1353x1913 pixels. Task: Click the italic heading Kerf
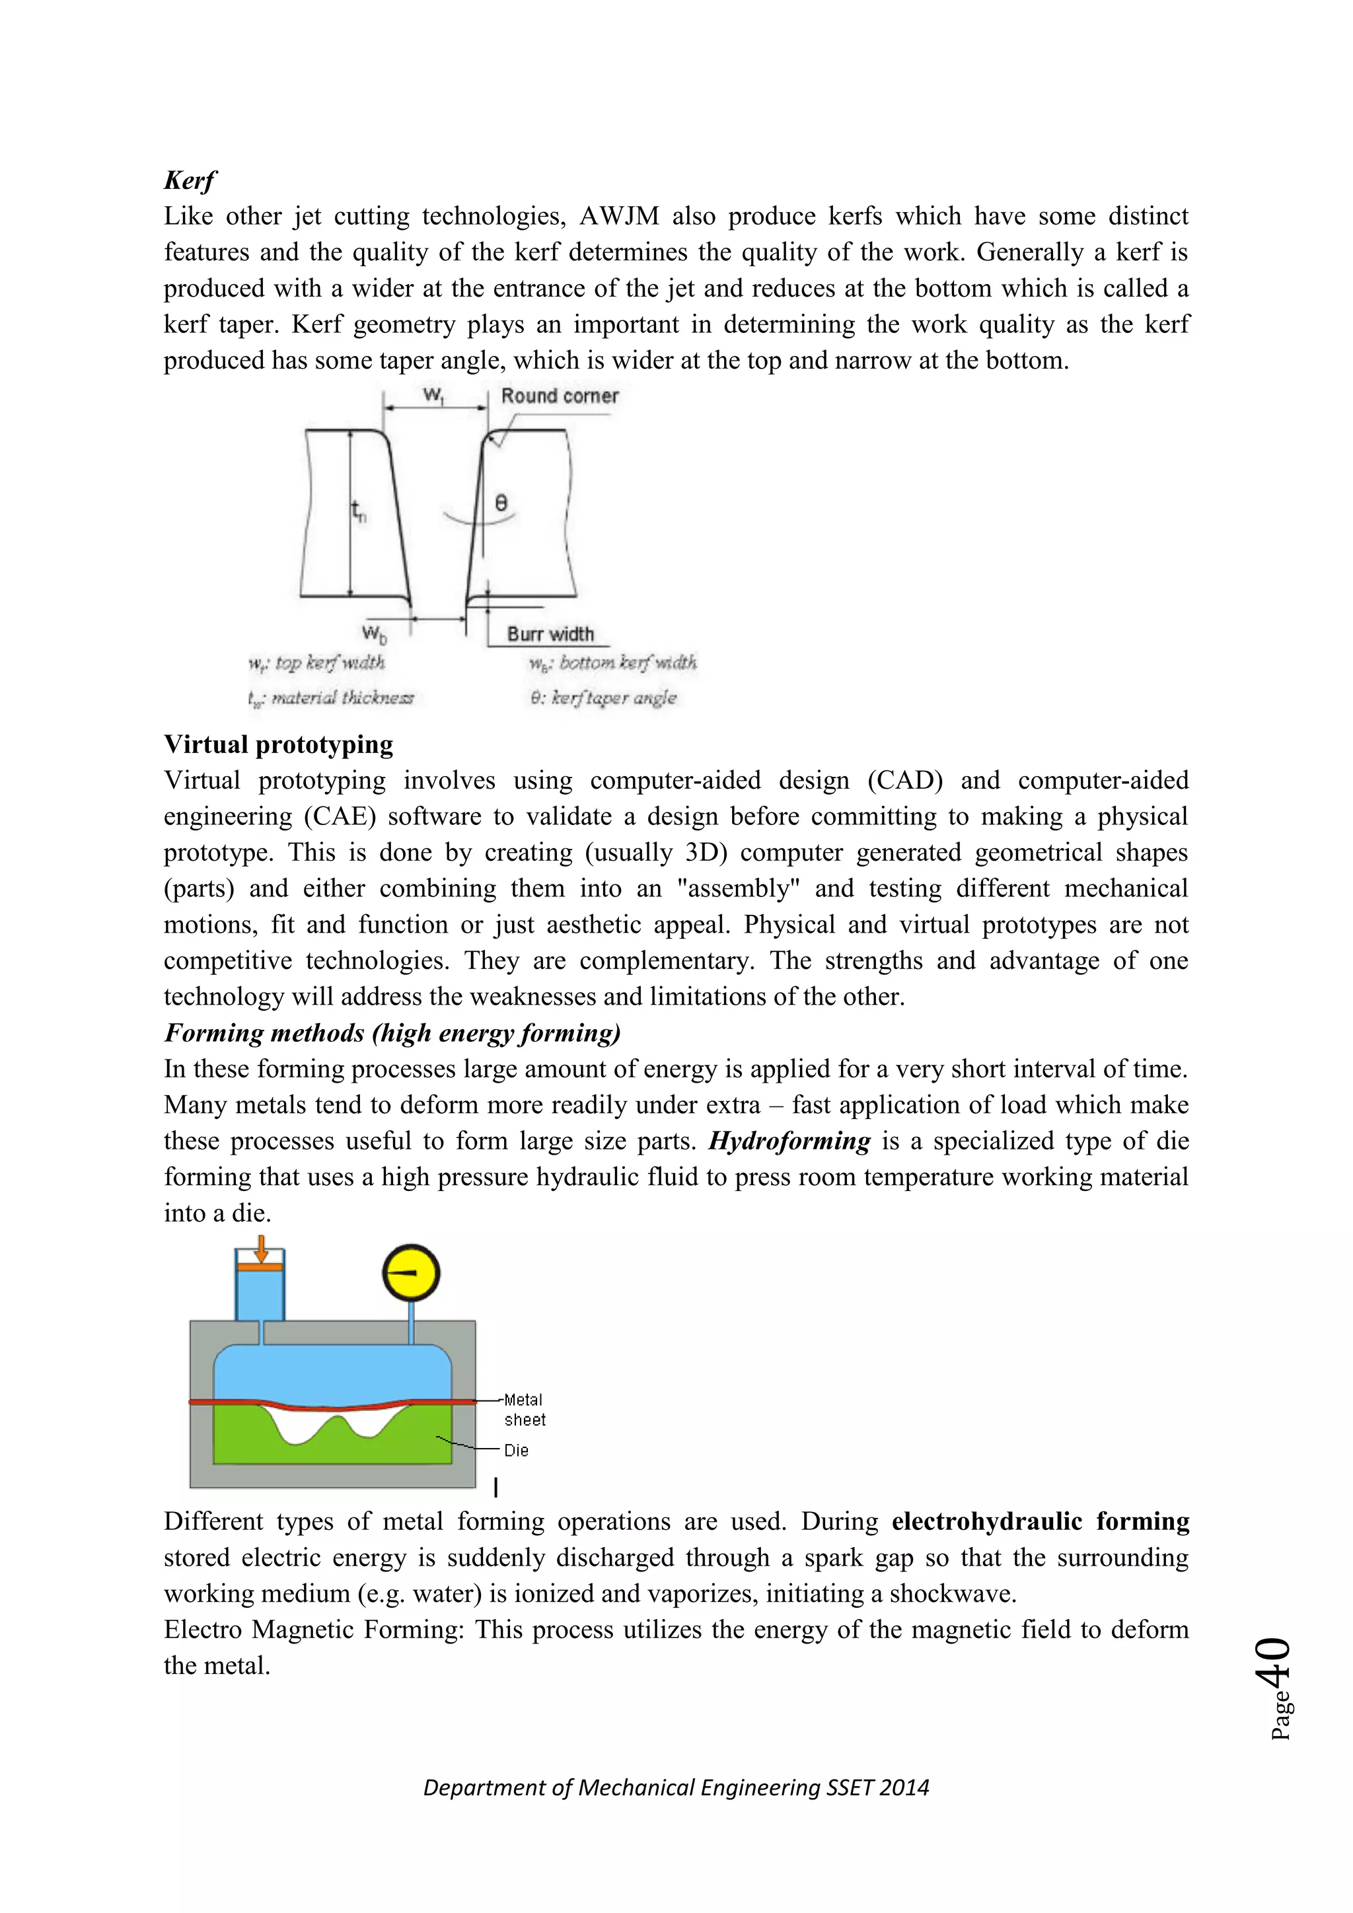coord(190,180)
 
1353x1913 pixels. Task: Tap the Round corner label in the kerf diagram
coord(560,396)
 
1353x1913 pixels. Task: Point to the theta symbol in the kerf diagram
coord(501,503)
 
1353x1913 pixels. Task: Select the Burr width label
coord(550,634)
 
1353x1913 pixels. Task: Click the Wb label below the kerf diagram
coord(374,634)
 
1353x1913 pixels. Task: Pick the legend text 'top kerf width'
coord(329,663)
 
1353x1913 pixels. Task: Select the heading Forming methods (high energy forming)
coord(392,1033)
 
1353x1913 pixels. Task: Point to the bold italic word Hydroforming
coord(789,1141)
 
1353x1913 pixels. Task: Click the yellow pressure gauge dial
coord(411,1273)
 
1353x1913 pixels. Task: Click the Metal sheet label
coord(524,1410)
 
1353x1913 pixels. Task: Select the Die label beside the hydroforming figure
coord(516,1451)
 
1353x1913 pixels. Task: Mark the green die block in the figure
coord(250,1441)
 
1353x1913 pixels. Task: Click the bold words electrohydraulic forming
coord(1040,1521)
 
